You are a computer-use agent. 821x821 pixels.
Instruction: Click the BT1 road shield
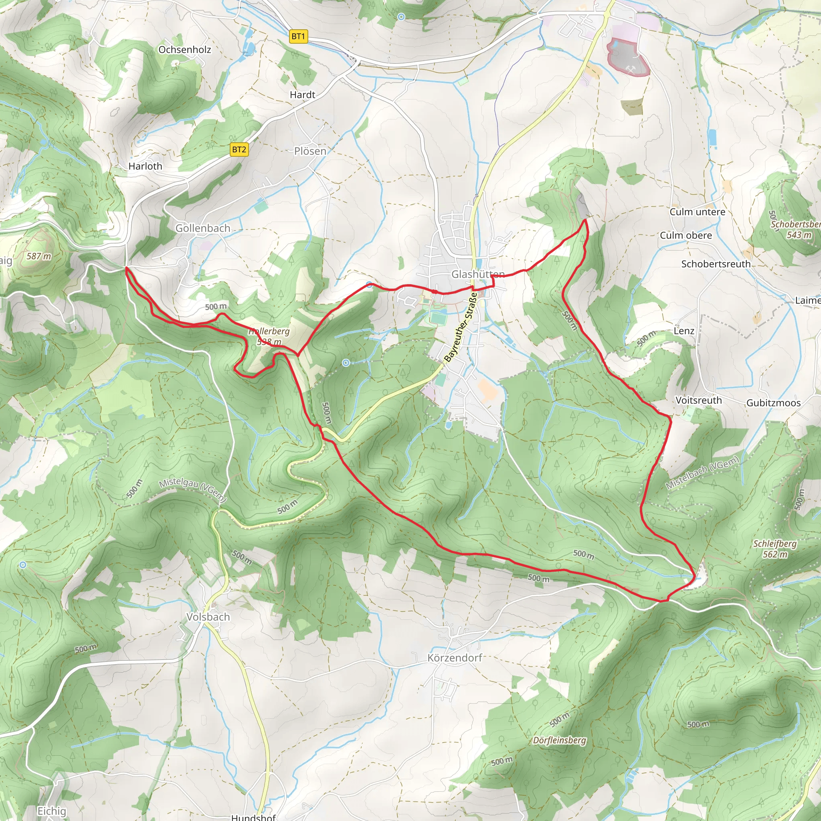click(x=298, y=36)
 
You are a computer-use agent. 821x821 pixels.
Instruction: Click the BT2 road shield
click(x=239, y=150)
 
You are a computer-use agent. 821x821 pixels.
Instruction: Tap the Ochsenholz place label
click(x=184, y=50)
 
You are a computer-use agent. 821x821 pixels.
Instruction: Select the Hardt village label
click(x=302, y=95)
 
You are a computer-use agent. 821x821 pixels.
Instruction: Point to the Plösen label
click(x=310, y=151)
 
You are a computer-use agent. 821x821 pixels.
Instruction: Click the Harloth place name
click(x=146, y=166)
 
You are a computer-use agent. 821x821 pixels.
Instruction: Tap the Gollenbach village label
click(x=203, y=228)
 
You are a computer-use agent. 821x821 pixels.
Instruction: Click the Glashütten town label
click(x=477, y=275)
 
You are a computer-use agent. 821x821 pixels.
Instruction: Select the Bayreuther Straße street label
click(x=461, y=327)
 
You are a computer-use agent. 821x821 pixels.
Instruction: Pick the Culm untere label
click(x=698, y=212)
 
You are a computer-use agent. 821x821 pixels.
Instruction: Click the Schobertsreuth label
click(x=716, y=264)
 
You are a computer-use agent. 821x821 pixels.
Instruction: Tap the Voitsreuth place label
click(x=699, y=400)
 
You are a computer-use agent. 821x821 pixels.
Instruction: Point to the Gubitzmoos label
click(x=773, y=403)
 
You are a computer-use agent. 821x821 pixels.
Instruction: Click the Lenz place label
click(x=684, y=331)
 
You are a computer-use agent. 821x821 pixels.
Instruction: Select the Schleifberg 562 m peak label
click(x=774, y=549)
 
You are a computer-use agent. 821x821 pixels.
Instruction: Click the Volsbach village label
click(x=208, y=617)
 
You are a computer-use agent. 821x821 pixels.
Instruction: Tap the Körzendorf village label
click(x=454, y=658)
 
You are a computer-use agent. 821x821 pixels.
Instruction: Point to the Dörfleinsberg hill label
click(x=559, y=740)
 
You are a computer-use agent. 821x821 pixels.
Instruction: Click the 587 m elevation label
click(x=38, y=256)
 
